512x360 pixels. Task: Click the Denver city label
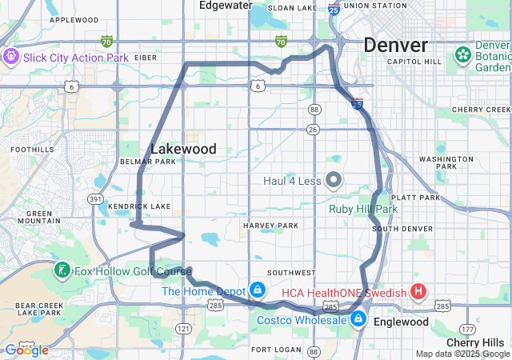395,45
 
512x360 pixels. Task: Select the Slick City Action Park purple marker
11,57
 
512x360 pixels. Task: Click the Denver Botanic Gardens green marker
462,55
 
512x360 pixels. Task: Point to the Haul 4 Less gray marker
334,180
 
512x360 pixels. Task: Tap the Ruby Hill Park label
362,209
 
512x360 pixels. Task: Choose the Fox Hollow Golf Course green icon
62,270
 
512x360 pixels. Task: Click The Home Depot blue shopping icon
258,290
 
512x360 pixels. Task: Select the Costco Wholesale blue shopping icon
358,320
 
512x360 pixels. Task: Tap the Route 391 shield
95,199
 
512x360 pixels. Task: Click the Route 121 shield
183,328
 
